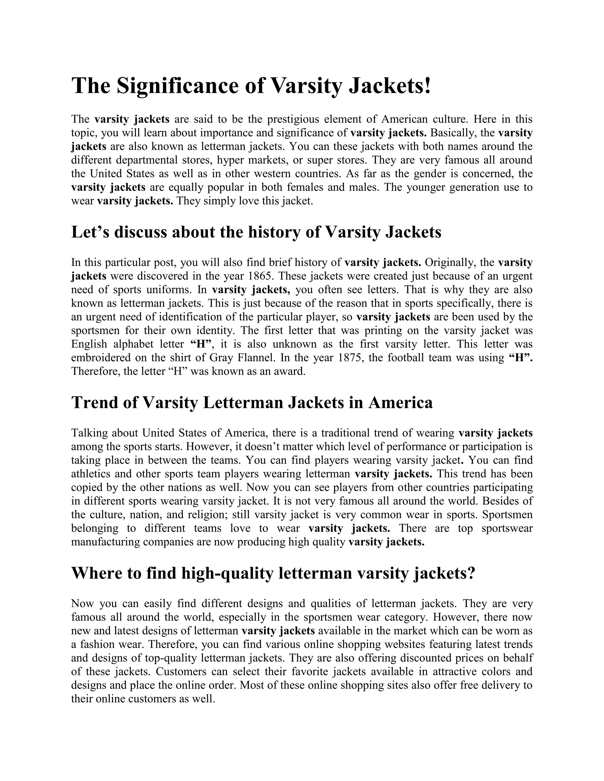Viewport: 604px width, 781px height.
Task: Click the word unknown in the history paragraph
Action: pyautogui.click(x=290, y=344)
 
